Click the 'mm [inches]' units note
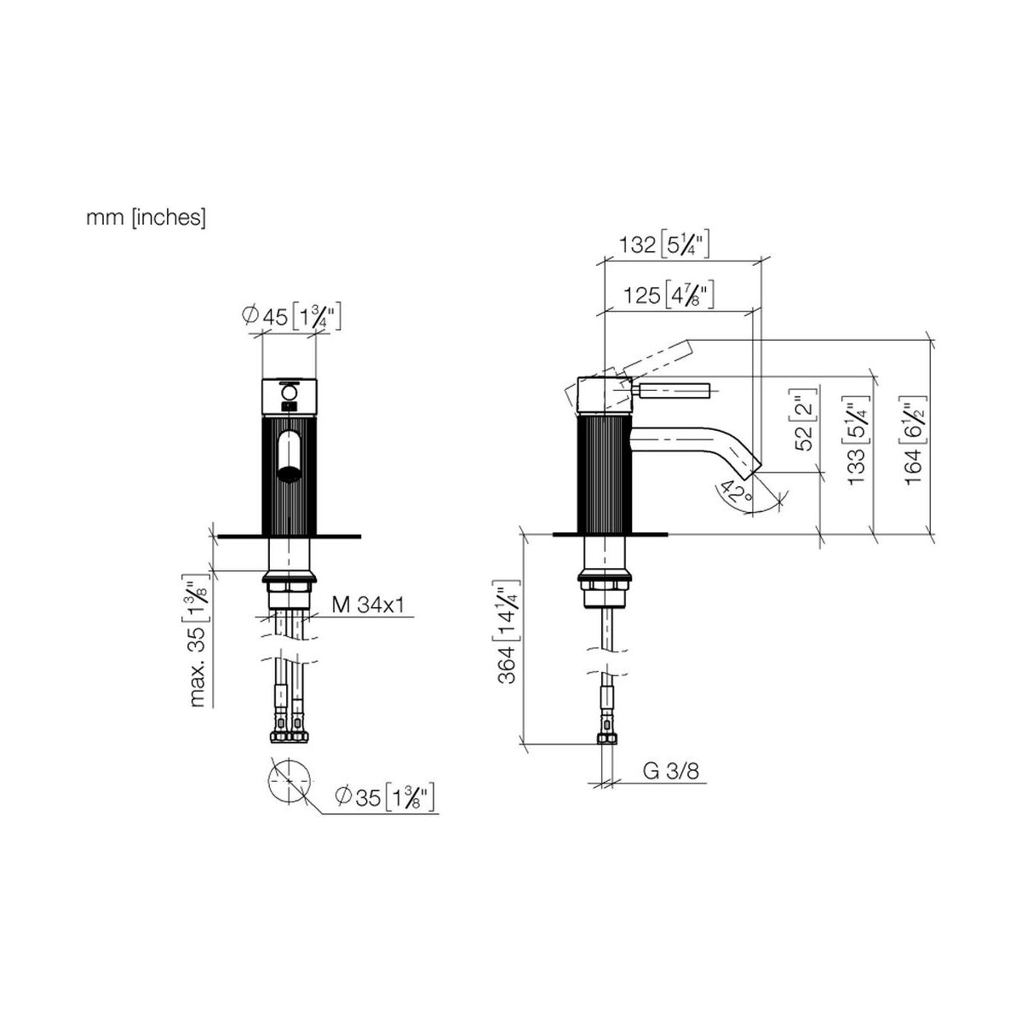(146, 217)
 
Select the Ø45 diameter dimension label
(290, 317)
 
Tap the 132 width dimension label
(664, 244)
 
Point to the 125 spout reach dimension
(669, 295)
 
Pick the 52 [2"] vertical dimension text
(805, 419)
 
